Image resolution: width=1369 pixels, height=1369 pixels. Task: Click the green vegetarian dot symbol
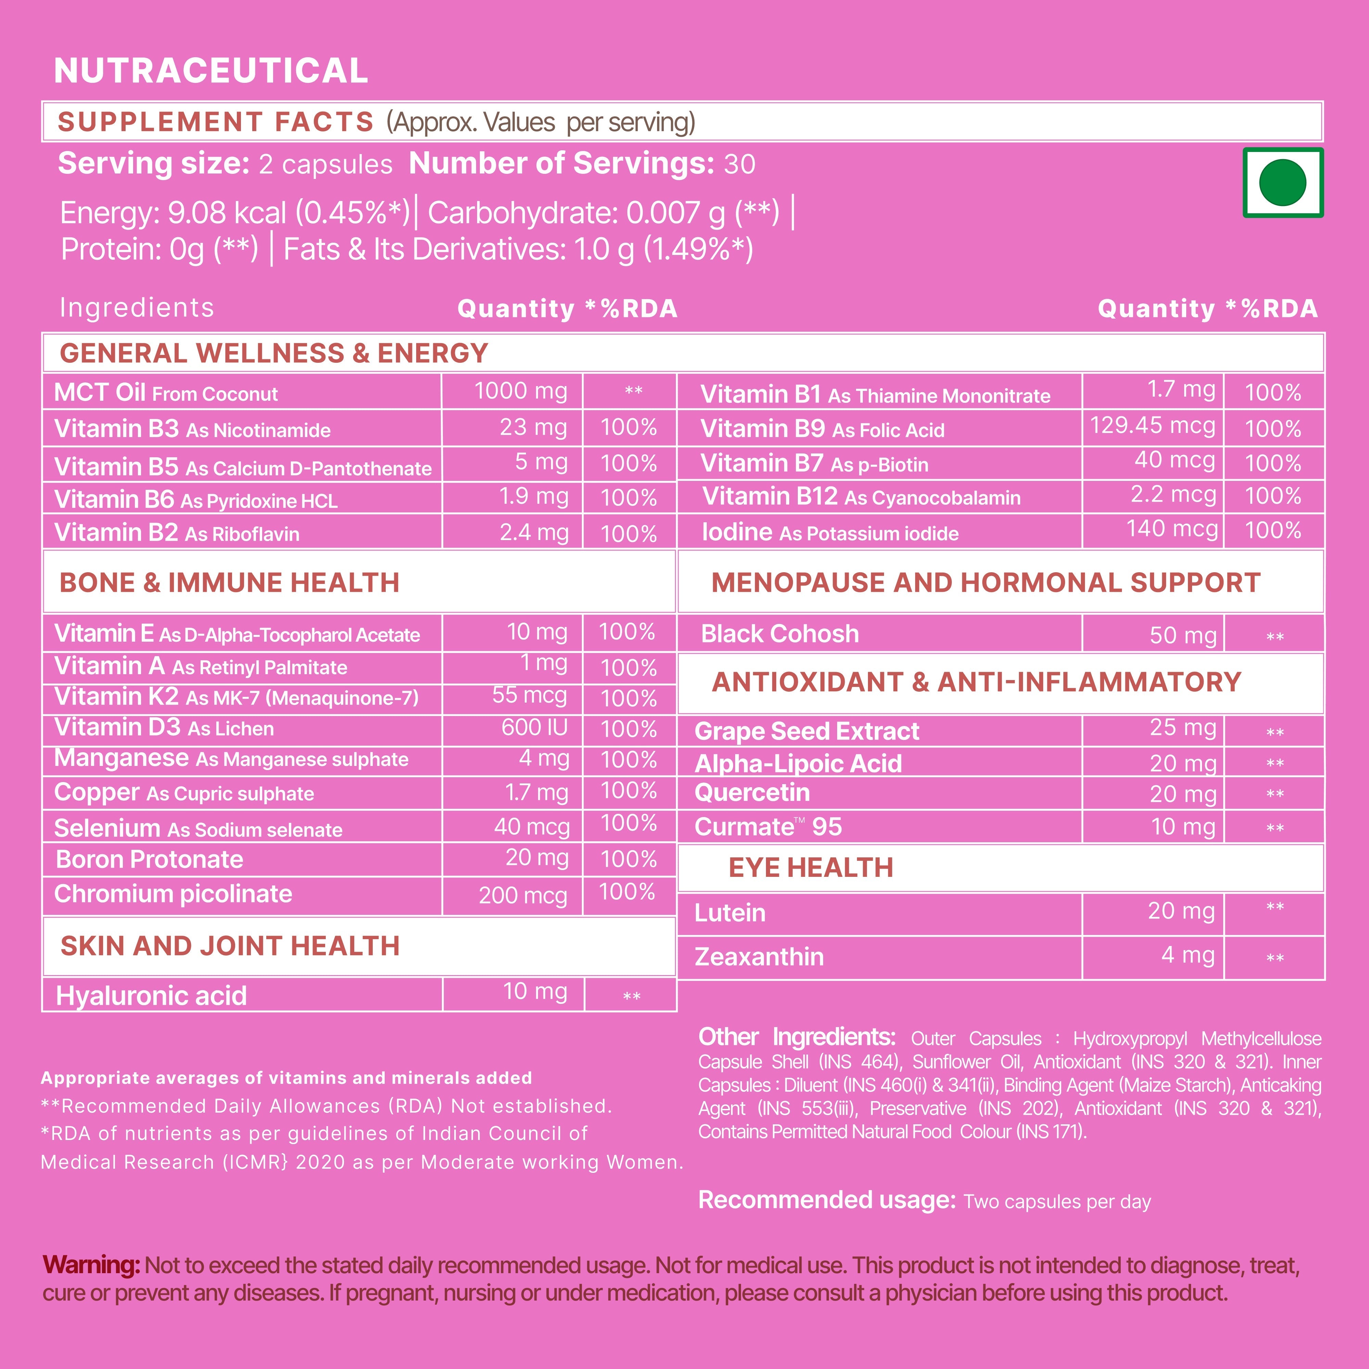point(1282,183)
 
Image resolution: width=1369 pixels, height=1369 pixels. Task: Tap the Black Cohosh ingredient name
point(779,634)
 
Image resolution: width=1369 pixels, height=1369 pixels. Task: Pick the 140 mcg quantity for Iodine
point(1172,529)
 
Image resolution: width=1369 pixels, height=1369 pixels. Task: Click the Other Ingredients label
point(797,1037)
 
